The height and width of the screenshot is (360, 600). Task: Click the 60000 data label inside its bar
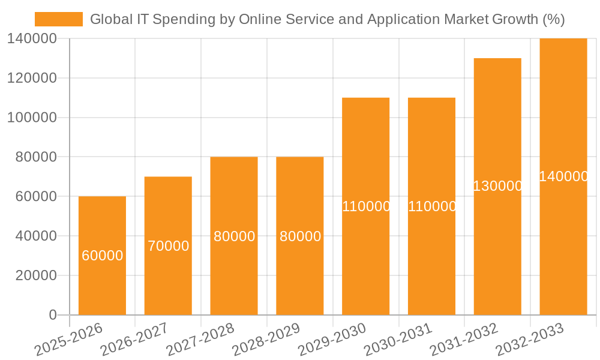[x=103, y=256]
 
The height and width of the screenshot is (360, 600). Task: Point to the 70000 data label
[x=169, y=246]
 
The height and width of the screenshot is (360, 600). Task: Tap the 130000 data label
[x=497, y=186]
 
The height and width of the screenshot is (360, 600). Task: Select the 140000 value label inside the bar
[x=563, y=176]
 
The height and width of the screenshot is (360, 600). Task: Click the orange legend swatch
[x=59, y=19]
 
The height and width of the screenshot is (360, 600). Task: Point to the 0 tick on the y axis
[x=53, y=315]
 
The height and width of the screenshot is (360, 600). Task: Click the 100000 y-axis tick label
[x=32, y=118]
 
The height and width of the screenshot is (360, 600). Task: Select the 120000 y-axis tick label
[x=32, y=78]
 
